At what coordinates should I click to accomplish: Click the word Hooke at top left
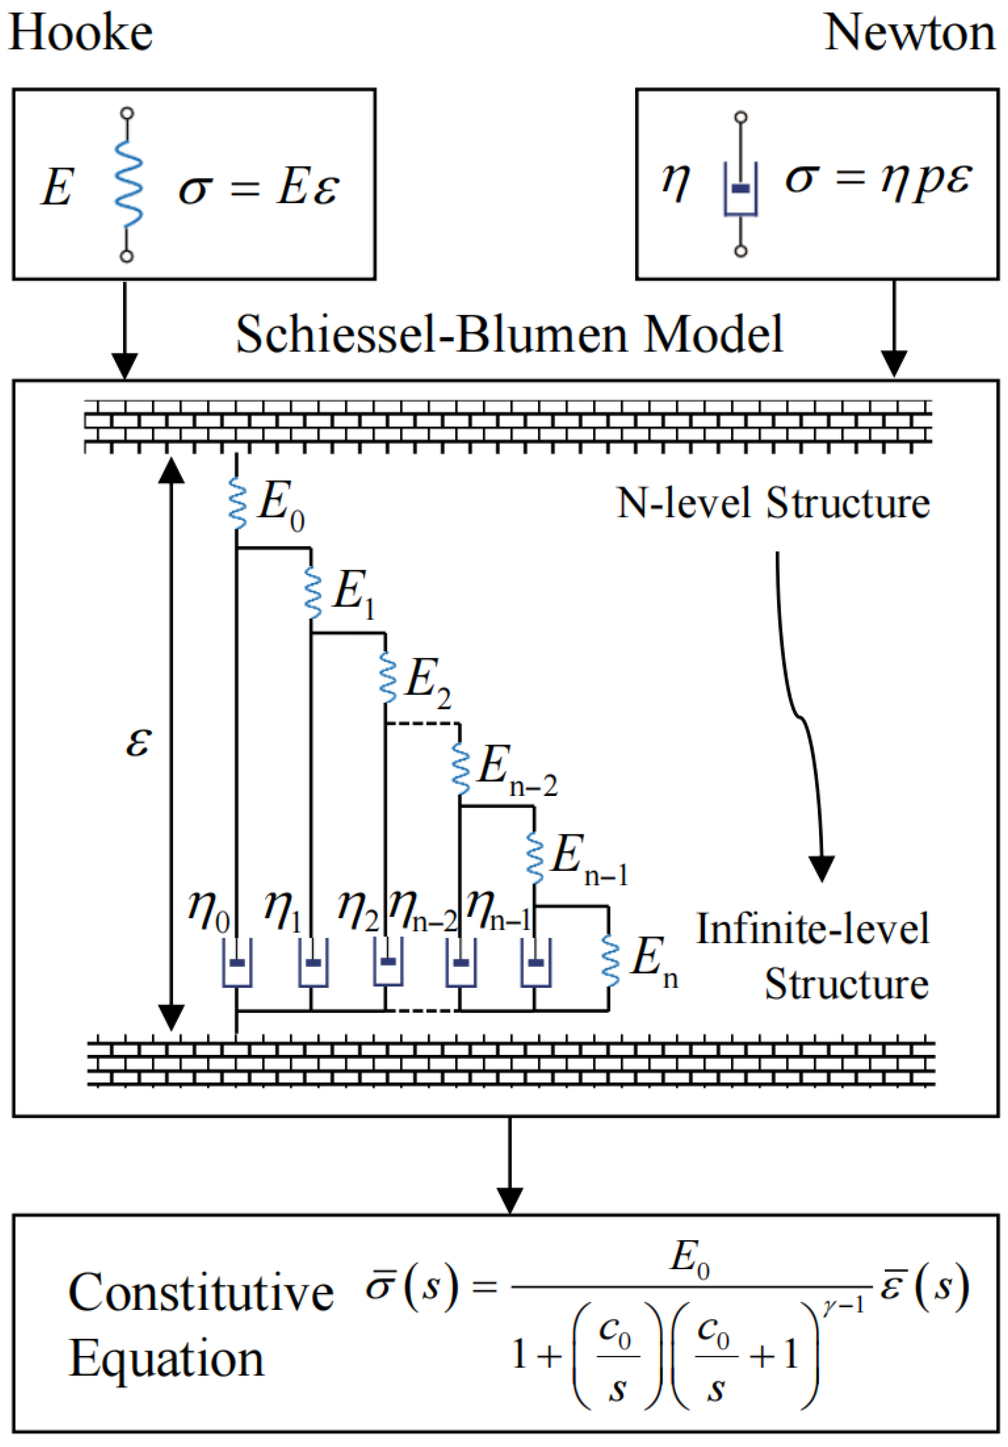coord(81,33)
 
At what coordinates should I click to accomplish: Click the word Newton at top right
coord(910,33)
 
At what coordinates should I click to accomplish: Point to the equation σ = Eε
coord(259,187)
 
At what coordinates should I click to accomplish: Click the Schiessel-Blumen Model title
coord(509,334)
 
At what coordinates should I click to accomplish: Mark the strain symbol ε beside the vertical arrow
coord(138,742)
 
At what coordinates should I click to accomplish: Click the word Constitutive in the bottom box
coord(201,1293)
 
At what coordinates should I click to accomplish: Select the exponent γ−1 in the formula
coord(843,1306)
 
